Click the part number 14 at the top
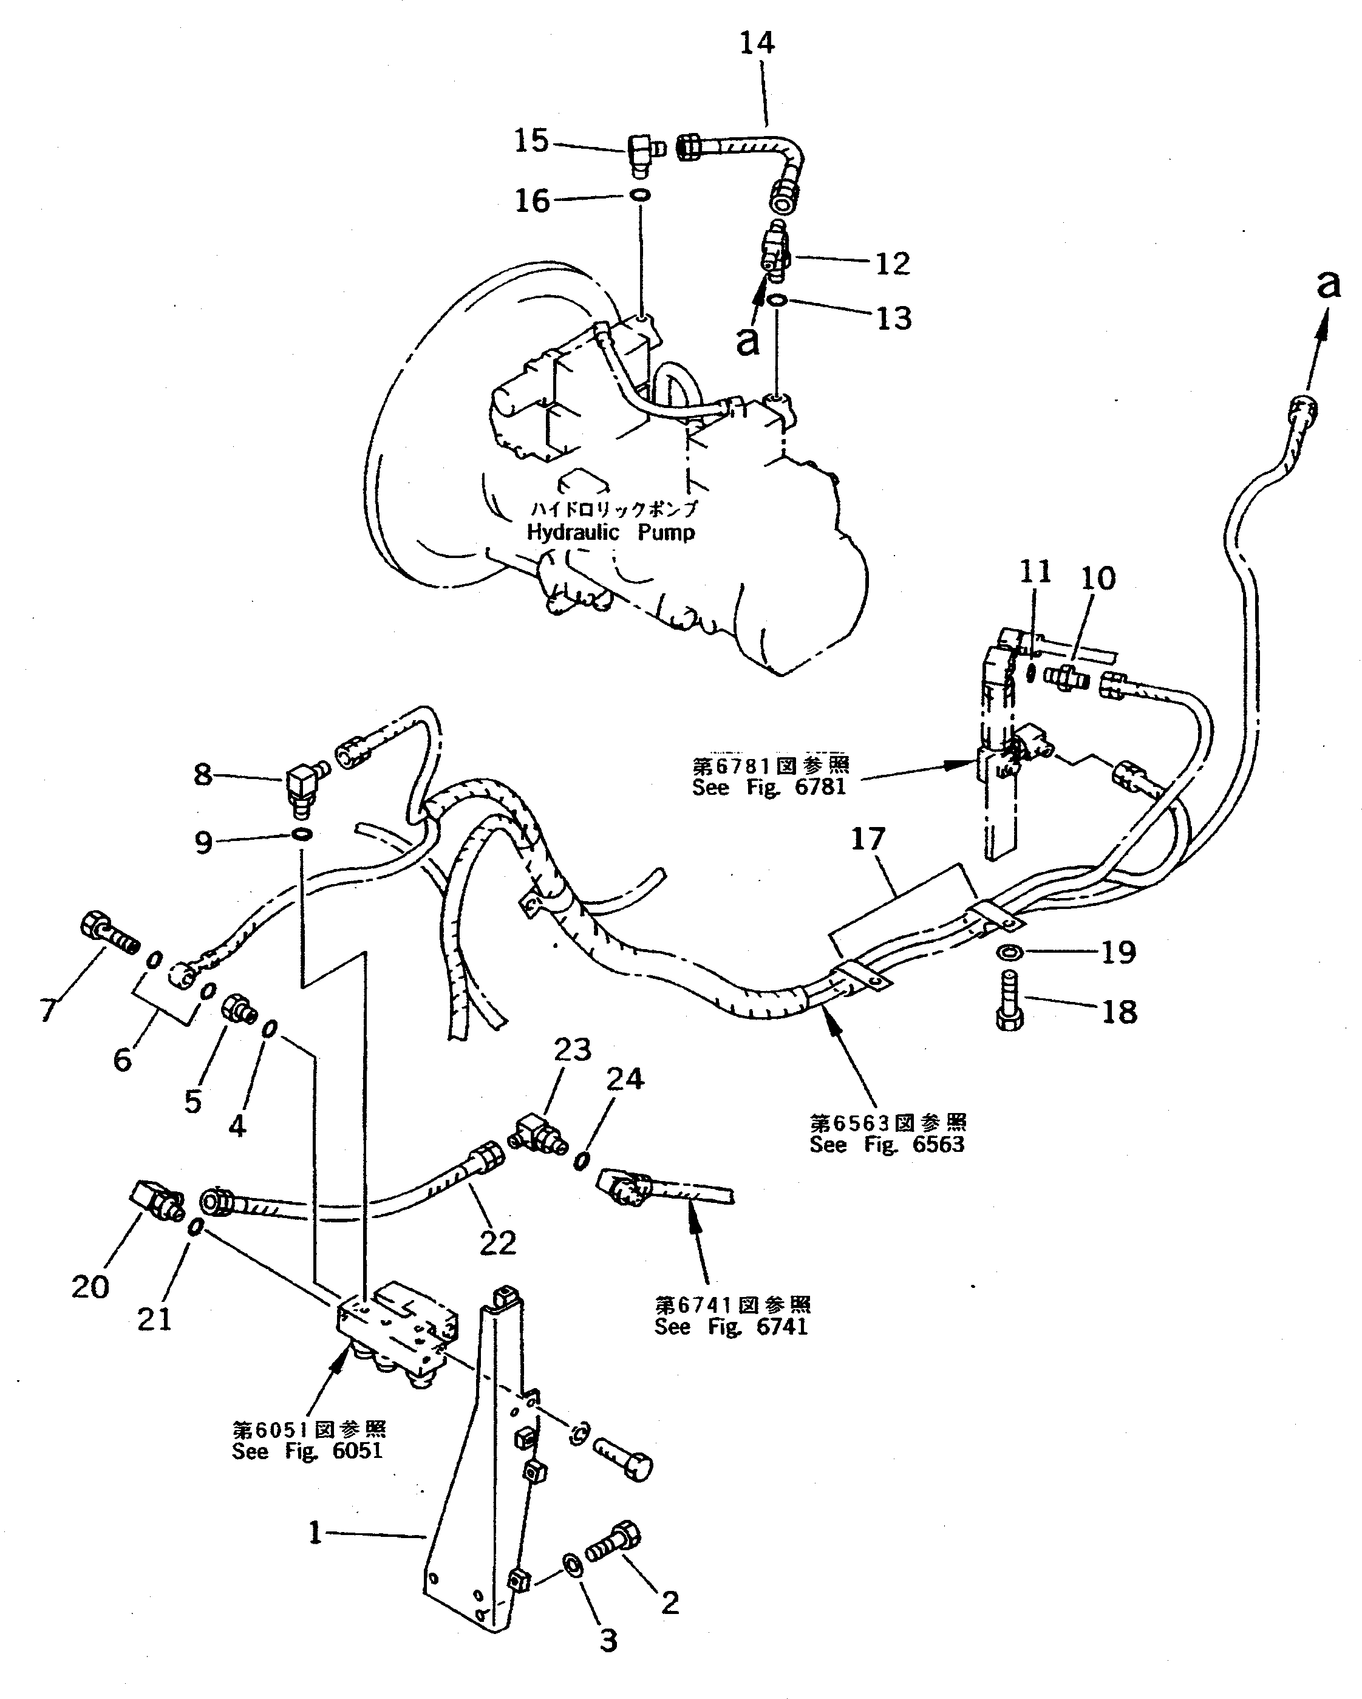[757, 43]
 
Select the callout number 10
[1098, 579]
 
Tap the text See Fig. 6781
[769, 786]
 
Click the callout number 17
[868, 839]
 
